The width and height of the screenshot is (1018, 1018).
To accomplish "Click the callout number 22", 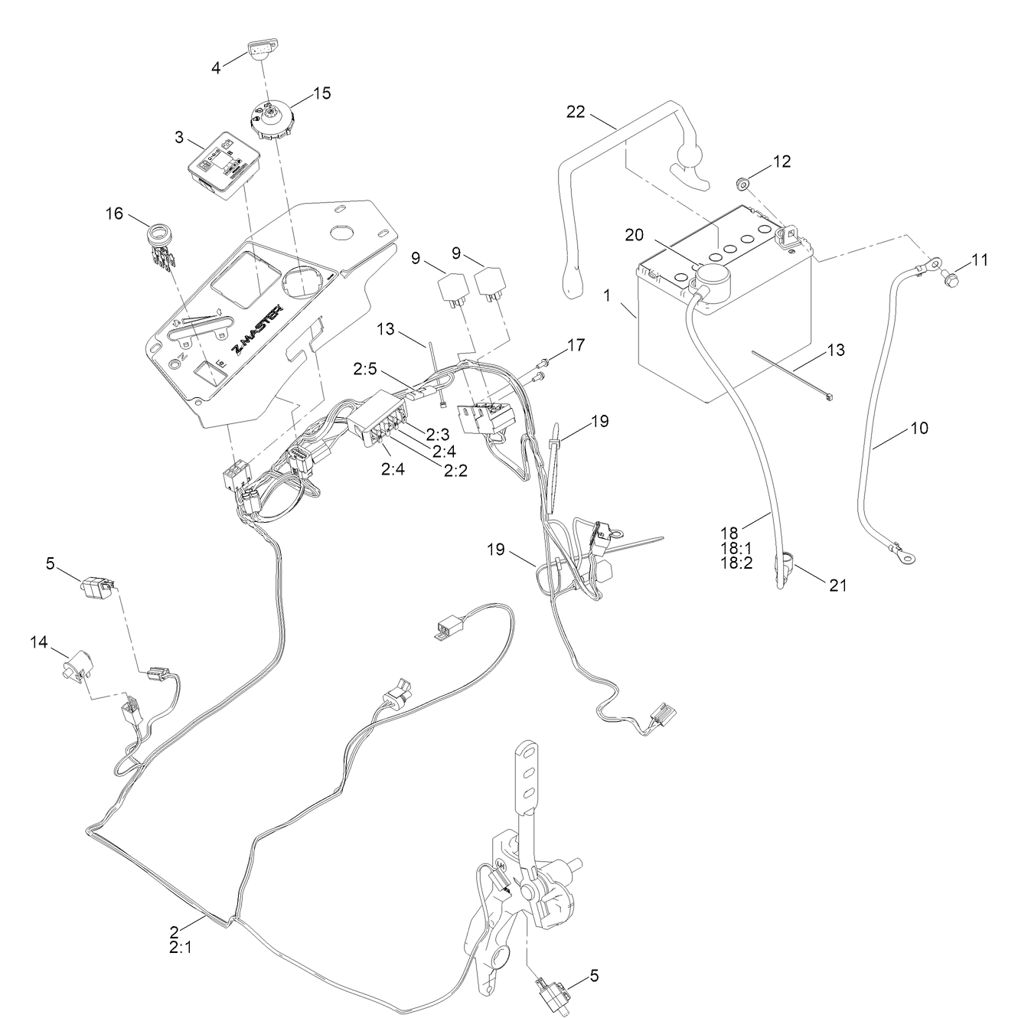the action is coord(576,112).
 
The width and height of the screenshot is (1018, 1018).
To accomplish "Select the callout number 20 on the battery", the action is coord(635,235).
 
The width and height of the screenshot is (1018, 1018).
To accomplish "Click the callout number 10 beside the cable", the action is coord(920,428).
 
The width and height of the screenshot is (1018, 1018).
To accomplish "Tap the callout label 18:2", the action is coord(736,563).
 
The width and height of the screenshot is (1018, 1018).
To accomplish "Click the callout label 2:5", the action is coord(365,368).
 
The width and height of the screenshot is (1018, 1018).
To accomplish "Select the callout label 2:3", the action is coord(437,435).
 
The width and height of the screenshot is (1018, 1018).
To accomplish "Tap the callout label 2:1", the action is coord(180,948).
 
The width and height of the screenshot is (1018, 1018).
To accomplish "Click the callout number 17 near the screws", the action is coord(576,345).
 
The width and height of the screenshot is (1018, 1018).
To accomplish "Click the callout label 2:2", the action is coord(456,470).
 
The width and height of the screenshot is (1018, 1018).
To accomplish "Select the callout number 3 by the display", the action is coord(179,137).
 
